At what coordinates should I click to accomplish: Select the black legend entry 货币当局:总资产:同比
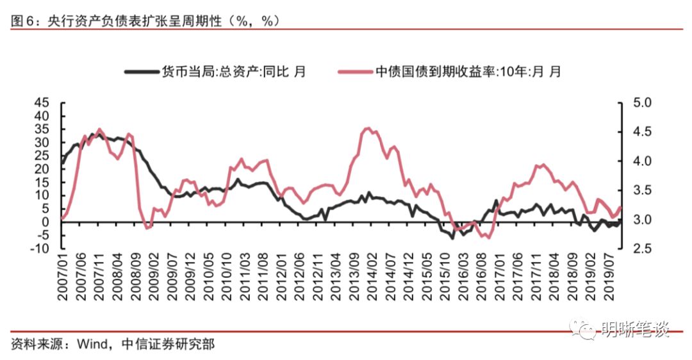[x=215, y=72]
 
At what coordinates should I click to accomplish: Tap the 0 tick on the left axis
[x=45, y=222]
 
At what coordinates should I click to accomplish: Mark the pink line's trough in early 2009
[x=147, y=228]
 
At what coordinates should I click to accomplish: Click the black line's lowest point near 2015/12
[x=452, y=238]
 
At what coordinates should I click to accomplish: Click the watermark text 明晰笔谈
[x=635, y=329]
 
